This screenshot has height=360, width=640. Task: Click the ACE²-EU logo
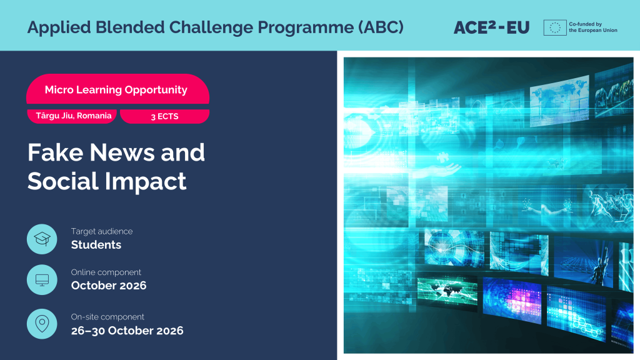(x=491, y=27)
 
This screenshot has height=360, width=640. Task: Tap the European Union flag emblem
(x=555, y=27)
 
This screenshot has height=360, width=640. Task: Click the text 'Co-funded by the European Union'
(x=593, y=27)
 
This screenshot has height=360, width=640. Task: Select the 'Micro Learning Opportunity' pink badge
(x=117, y=89)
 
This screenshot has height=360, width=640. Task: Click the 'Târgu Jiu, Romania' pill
(x=72, y=116)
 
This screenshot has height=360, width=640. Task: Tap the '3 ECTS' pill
(x=164, y=116)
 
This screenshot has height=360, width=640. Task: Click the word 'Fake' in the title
(x=56, y=152)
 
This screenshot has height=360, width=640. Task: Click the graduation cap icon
(x=42, y=239)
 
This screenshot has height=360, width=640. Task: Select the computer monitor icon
(x=42, y=279)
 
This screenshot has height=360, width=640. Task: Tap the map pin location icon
(x=42, y=324)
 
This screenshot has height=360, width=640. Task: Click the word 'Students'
(x=96, y=244)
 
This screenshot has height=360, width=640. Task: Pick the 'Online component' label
(x=106, y=272)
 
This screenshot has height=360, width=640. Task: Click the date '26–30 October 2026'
(x=127, y=331)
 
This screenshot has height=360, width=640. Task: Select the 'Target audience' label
(x=102, y=231)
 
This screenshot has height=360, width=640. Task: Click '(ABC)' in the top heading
(x=381, y=27)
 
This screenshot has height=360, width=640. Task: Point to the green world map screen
(x=447, y=291)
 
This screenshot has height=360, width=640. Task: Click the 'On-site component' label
(x=107, y=317)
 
